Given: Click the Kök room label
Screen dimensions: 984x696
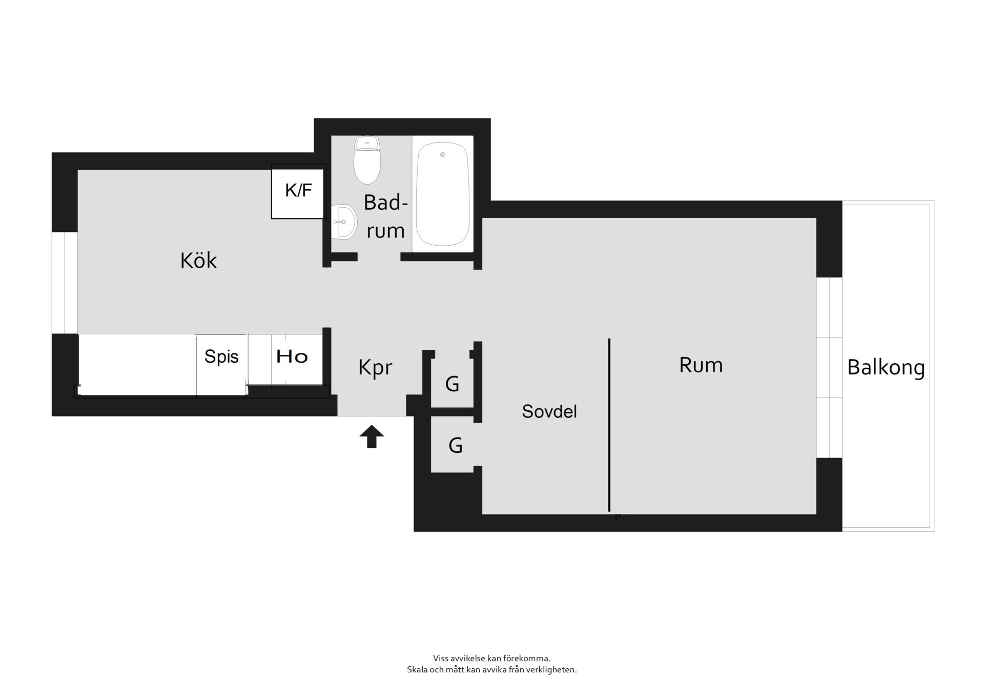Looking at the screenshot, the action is pyautogui.click(x=198, y=261).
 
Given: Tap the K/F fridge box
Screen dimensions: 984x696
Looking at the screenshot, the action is pyautogui.click(x=298, y=191).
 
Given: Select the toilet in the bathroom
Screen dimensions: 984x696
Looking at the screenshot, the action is pyautogui.click(x=367, y=160).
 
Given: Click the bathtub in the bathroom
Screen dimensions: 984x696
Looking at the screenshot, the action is pyautogui.click(x=442, y=194).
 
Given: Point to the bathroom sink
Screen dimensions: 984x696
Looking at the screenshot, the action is pyautogui.click(x=344, y=222).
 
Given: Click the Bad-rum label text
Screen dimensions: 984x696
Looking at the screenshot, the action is pyautogui.click(x=386, y=216).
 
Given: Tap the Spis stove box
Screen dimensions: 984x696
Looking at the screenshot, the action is pyautogui.click(x=221, y=365).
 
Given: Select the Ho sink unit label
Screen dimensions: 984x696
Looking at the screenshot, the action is pyautogui.click(x=292, y=356).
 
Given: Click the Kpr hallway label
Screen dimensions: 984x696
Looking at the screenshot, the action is pyautogui.click(x=375, y=368).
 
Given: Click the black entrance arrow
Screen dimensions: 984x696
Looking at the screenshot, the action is pyautogui.click(x=372, y=436).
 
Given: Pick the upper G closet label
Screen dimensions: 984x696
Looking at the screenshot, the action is pyautogui.click(x=452, y=384).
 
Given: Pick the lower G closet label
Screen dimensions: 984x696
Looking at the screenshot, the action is pyautogui.click(x=456, y=445).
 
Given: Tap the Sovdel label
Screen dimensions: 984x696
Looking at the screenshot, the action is pyautogui.click(x=549, y=411).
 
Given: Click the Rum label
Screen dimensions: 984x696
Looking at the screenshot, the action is pyautogui.click(x=701, y=365).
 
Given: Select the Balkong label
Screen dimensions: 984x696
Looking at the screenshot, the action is pyautogui.click(x=886, y=368).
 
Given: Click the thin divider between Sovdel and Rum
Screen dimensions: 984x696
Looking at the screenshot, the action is pyautogui.click(x=609, y=425).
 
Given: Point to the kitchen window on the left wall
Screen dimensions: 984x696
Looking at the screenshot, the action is pyautogui.click(x=65, y=283).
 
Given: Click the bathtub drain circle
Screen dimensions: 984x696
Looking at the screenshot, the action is pyautogui.click(x=443, y=154).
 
